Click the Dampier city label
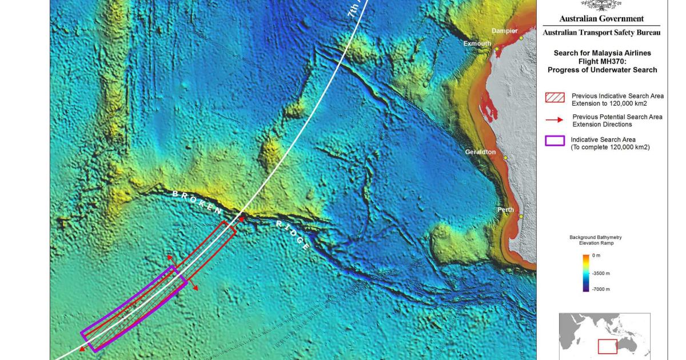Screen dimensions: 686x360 point(504,31)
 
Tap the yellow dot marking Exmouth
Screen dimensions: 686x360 point(497,49)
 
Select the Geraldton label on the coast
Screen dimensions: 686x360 point(480,152)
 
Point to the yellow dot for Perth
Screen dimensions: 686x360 point(521,217)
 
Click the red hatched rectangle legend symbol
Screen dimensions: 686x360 point(555,98)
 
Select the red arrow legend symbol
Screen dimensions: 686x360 point(555,120)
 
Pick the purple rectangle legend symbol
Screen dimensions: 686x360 point(555,141)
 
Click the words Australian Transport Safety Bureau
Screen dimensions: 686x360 point(601,33)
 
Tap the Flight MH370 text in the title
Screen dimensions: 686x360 point(602,61)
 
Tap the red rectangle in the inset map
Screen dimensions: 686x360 point(607,346)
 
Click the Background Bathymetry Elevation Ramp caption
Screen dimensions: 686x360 point(595,239)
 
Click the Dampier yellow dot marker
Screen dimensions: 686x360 point(521,38)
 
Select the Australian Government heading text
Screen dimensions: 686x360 point(601,19)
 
